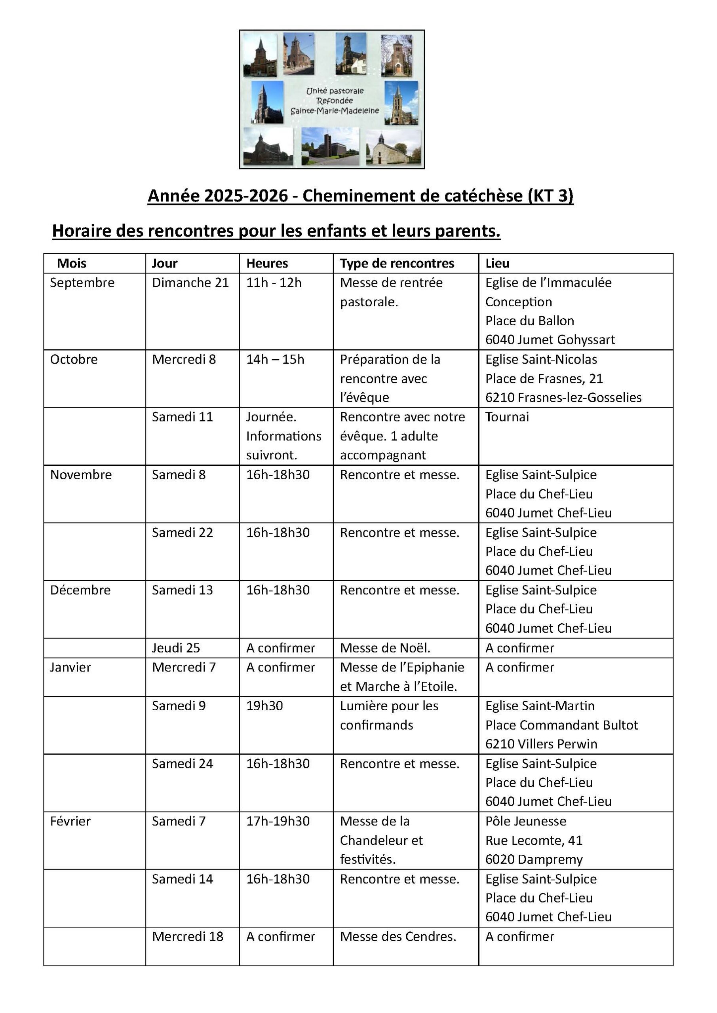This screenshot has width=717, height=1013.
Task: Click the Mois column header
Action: click(72, 264)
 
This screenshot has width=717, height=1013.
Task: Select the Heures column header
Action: click(267, 264)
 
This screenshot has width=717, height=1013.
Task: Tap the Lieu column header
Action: click(497, 264)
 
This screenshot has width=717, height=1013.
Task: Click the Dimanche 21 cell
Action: click(190, 283)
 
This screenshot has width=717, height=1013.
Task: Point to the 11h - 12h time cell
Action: click(274, 283)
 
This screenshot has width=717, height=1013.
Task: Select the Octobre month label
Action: click(74, 359)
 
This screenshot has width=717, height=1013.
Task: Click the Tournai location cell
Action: click(507, 417)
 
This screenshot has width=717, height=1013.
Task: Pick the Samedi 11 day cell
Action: click(183, 417)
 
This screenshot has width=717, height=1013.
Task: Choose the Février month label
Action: click(70, 821)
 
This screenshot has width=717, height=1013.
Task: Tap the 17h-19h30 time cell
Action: click(278, 821)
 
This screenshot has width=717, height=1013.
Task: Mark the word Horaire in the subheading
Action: click(81, 231)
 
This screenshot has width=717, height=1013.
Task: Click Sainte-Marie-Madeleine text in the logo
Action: click(335, 111)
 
